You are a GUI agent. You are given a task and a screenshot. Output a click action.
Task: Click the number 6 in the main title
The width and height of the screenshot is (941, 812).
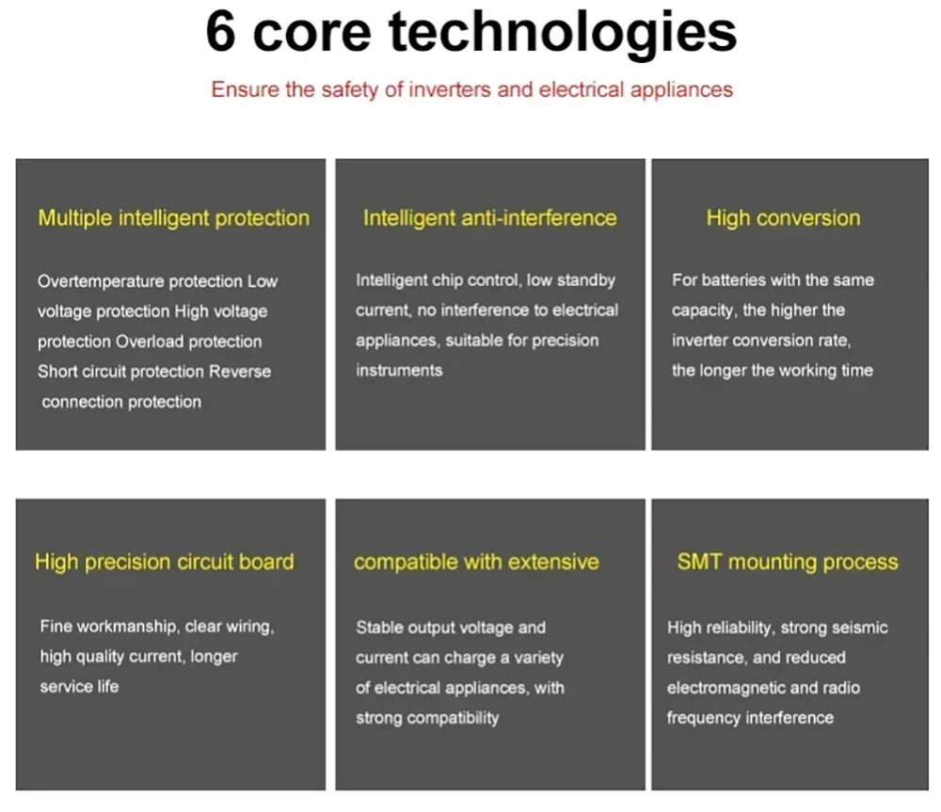(220, 32)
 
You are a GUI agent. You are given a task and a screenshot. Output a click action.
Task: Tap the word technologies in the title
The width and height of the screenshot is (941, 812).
(563, 35)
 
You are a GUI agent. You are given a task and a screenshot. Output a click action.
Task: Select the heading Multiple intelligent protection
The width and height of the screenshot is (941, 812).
(174, 218)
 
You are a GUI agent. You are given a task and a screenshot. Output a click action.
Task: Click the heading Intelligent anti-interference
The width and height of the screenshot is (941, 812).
(489, 218)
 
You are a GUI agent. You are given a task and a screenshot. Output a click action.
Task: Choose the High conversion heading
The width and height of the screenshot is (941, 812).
(783, 218)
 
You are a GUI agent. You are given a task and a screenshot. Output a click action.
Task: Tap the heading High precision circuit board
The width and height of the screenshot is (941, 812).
(165, 563)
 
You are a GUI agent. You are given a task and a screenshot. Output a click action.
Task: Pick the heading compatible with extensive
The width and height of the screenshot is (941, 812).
(476, 563)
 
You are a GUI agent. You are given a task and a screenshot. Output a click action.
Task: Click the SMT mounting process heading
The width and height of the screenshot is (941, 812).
(788, 562)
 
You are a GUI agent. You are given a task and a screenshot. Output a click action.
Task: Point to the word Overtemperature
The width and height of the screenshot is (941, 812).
(101, 281)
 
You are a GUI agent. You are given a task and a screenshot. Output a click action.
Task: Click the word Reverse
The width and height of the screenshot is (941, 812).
(240, 372)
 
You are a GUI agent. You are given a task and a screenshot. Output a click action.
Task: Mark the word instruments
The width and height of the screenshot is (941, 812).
(399, 371)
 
